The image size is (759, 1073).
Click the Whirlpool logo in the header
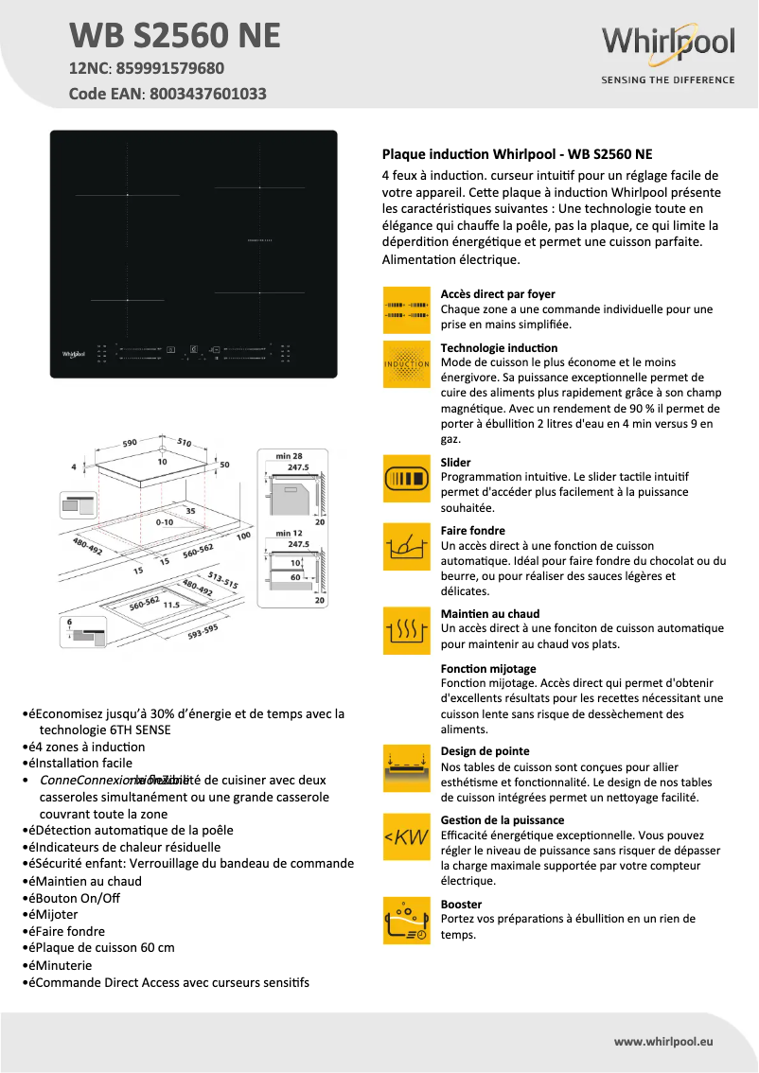(668, 44)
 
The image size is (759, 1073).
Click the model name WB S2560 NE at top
(175, 35)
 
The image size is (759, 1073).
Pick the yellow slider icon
(406, 479)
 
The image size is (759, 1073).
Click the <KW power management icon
(406, 836)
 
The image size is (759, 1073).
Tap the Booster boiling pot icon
(406, 921)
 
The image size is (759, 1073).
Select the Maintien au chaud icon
(406, 630)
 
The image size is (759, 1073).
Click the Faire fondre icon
(406, 547)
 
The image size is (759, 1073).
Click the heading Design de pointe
(485, 751)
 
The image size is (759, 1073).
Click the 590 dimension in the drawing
(131, 442)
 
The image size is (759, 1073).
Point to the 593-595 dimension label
(203, 631)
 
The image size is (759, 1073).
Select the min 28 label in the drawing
(290, 456)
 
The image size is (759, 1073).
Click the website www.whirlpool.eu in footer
(662, 1041)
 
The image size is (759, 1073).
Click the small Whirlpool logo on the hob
(74, 354)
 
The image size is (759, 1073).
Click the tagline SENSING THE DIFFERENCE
(668, 80)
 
